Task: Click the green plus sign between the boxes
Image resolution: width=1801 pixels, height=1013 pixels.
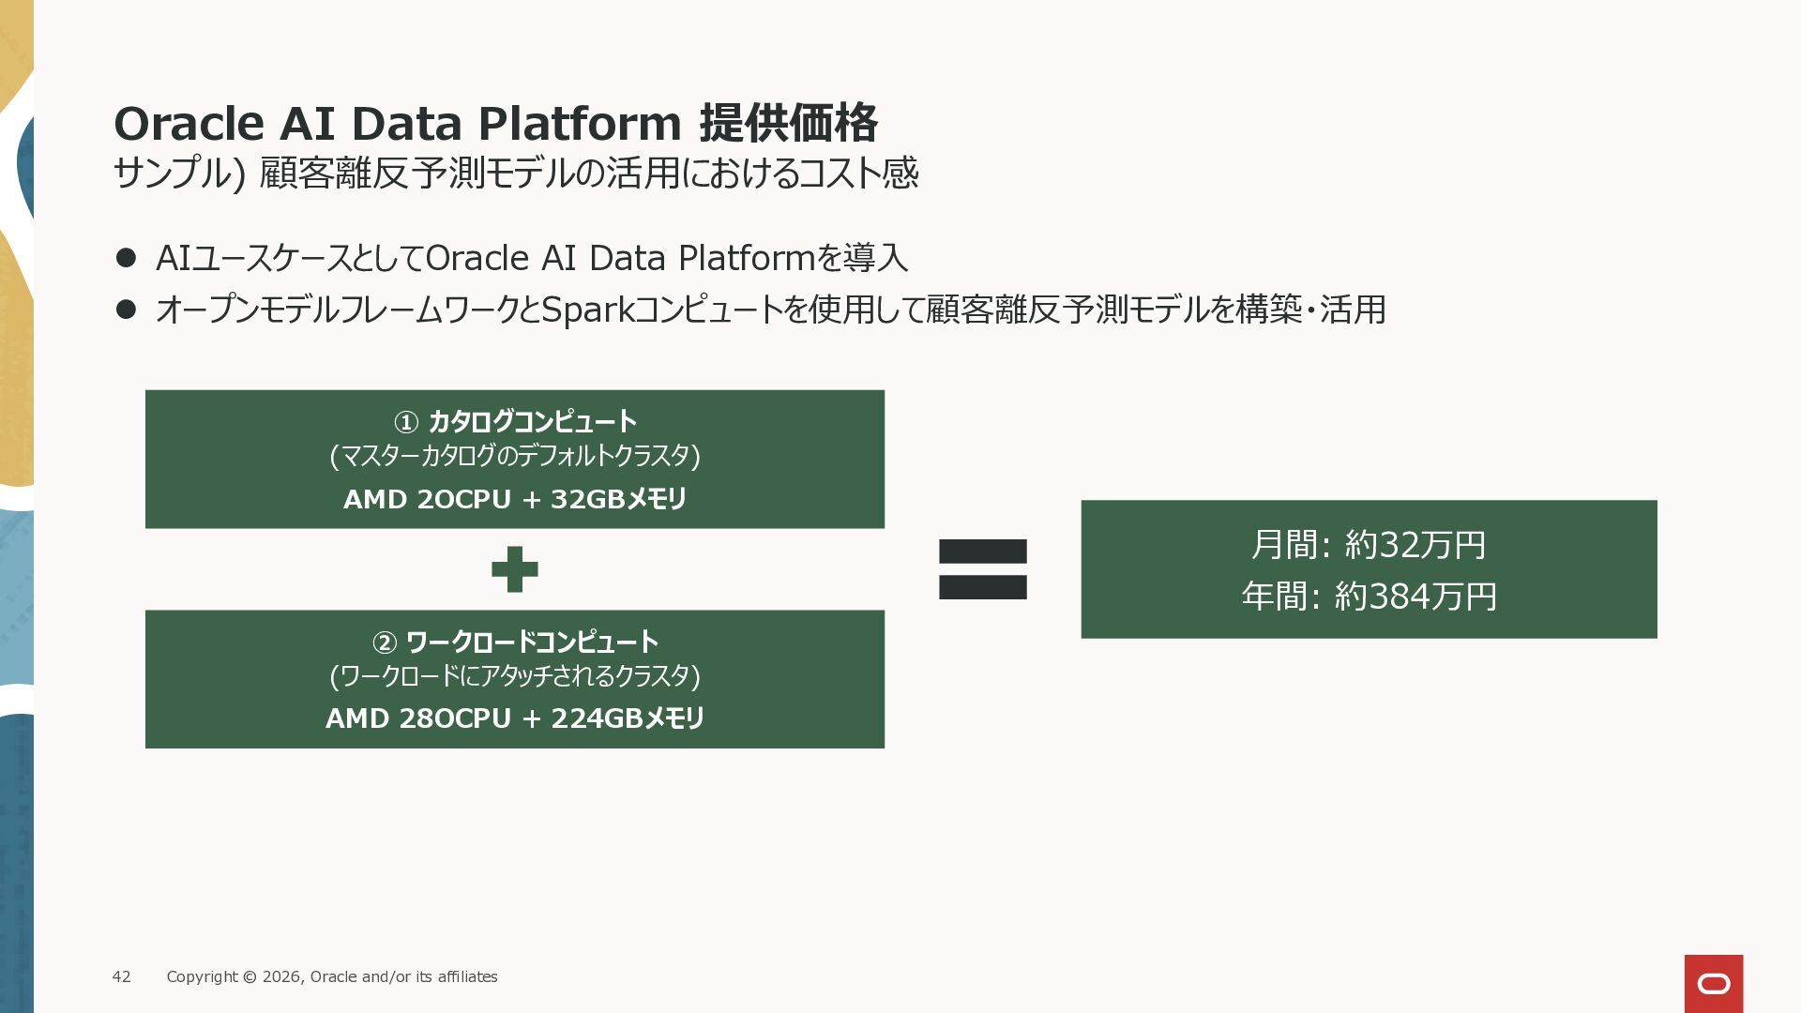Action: tap(514, 569)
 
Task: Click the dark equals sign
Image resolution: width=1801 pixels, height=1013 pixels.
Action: tap(982, 569)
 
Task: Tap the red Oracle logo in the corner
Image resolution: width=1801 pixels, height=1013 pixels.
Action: tap(1713, 983)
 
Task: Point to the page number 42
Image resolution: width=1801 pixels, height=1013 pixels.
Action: tap(122, 976)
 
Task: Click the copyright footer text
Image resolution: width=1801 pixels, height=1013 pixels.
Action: tap(332, 976)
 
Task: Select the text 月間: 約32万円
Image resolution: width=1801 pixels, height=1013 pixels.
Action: tap(1368, 545)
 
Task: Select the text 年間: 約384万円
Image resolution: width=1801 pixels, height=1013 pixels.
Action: tap(1368, 597)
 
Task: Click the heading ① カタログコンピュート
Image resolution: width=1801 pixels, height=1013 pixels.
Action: tap(515, 422)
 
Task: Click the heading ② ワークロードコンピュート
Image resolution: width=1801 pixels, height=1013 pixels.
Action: tap(515, 643)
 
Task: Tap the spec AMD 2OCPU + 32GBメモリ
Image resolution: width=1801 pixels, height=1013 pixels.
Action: tap(515, 499)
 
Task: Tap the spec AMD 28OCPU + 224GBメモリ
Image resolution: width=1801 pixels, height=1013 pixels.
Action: tap(515, 718)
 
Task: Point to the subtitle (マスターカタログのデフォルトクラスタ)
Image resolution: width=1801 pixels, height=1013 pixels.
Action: tap(515, 456)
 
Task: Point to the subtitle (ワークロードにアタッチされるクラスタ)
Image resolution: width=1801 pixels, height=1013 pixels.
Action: tap(515, 676)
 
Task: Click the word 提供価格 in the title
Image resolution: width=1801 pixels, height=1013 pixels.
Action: tap(789, 123)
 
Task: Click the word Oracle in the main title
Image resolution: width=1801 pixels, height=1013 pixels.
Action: tap(189, 123)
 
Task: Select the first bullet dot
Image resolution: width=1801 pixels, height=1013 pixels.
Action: tap(126, 258)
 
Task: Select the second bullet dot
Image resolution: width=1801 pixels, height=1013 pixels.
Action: tap(126, 309)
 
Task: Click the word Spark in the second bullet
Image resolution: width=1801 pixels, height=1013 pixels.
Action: tap(588, 310)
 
